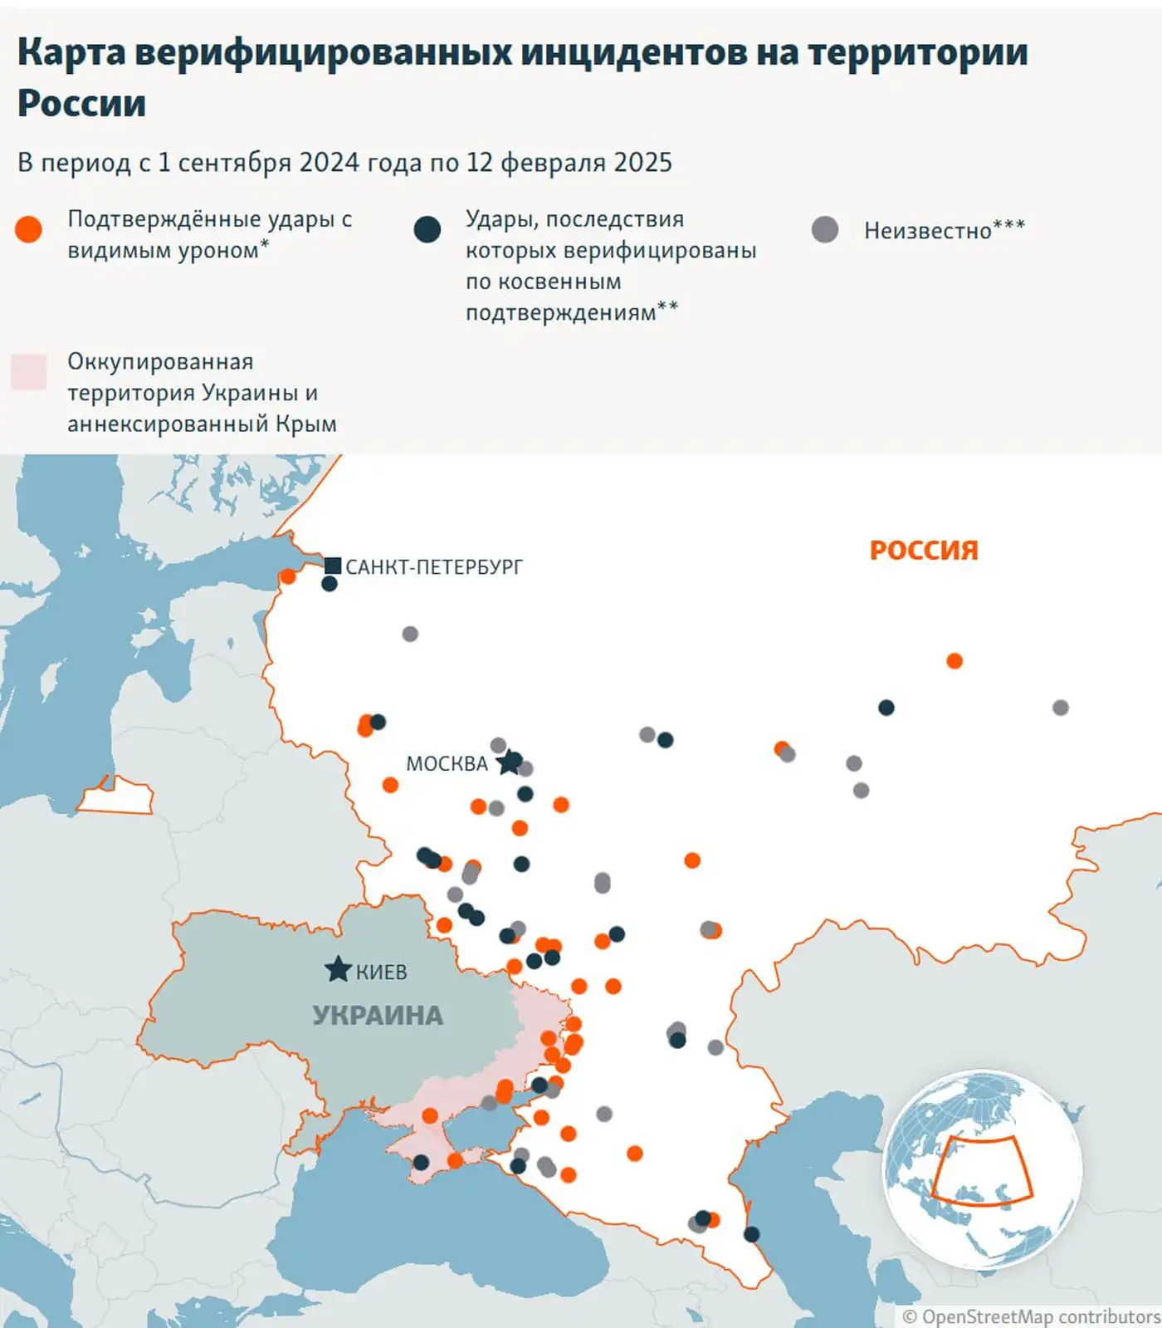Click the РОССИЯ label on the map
(924, 550)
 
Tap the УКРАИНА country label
(378, 1015)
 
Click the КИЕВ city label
(382, 972)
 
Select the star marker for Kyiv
(338, 968)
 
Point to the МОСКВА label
(447, 763)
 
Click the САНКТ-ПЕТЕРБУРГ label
(434, 567)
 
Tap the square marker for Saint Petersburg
(333, 566)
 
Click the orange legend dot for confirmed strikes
(28, 229)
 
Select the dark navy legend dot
(427, 229)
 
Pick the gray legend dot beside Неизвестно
(824, 229)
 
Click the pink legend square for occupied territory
(28, 371)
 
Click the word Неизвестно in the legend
(927, 231)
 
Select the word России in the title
(81, 104)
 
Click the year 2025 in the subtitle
(644, 162)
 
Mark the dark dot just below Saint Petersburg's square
(329, 584)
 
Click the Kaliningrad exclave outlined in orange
(116, 798)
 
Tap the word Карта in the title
(71, 51)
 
